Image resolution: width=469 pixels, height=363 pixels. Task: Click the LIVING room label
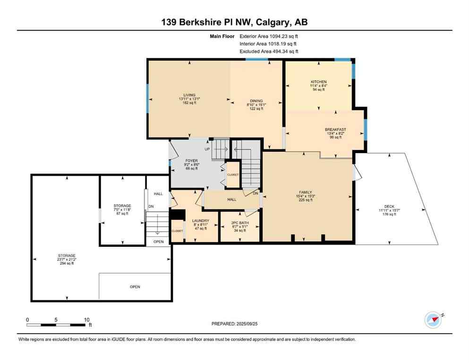(189, 95)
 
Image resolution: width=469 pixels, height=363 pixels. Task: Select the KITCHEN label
(318, 82)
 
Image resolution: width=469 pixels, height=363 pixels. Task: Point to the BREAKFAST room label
(335, 130)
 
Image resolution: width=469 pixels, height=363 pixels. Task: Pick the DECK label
(389, 206)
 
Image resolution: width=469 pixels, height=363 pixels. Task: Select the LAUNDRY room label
(201, 221)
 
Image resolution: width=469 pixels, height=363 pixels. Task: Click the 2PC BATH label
(240, 223)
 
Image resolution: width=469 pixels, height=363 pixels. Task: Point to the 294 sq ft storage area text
(66, 263)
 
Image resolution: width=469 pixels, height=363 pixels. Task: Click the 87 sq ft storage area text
(122, 214)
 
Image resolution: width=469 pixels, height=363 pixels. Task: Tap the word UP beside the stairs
(207, 149)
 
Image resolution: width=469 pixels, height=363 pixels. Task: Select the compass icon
(433, 320)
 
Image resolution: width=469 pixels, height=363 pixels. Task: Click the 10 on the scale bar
(87, 320)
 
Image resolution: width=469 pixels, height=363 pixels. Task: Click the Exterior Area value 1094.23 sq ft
(281, 36)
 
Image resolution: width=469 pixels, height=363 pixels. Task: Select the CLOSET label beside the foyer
(233, 174)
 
